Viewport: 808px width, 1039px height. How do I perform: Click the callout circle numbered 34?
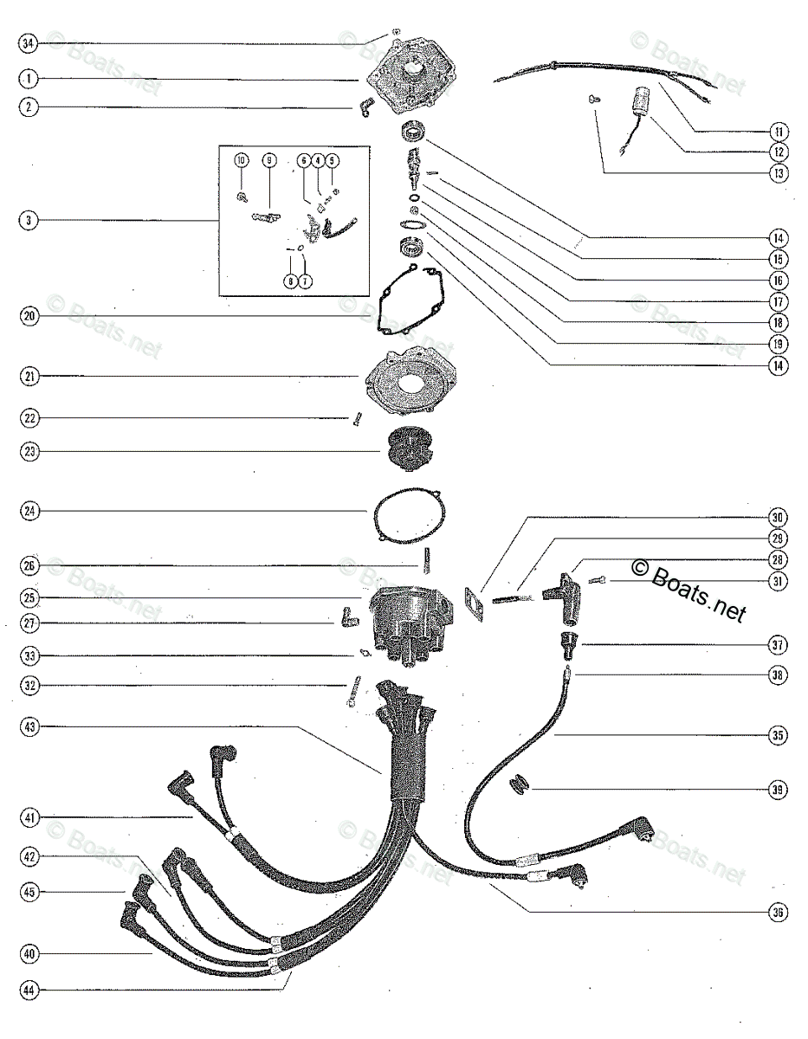click(x=29, y=42)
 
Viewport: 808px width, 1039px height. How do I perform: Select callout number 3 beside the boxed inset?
click(x=29, y=221)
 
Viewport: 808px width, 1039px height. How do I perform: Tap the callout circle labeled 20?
click(x=29, y=317)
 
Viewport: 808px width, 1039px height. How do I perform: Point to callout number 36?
click(x=778, y=910)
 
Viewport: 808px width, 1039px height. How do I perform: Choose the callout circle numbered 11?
click(x=778, y=131)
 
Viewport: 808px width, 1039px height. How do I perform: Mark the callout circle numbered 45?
click(x=29, y=890)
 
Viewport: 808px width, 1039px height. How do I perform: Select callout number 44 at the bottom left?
click(x=29, y=988)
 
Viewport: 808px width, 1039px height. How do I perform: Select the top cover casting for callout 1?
click(x=409, y=80)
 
